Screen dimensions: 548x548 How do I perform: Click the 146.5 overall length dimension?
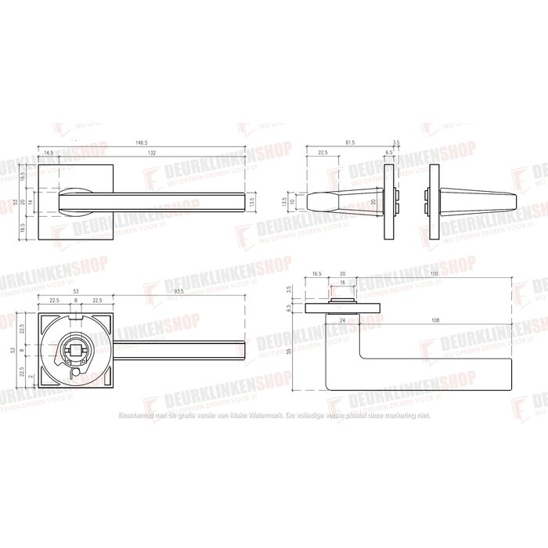point(141,143)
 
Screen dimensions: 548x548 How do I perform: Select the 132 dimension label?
point(151,153)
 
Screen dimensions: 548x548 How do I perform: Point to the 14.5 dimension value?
point(49,153)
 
